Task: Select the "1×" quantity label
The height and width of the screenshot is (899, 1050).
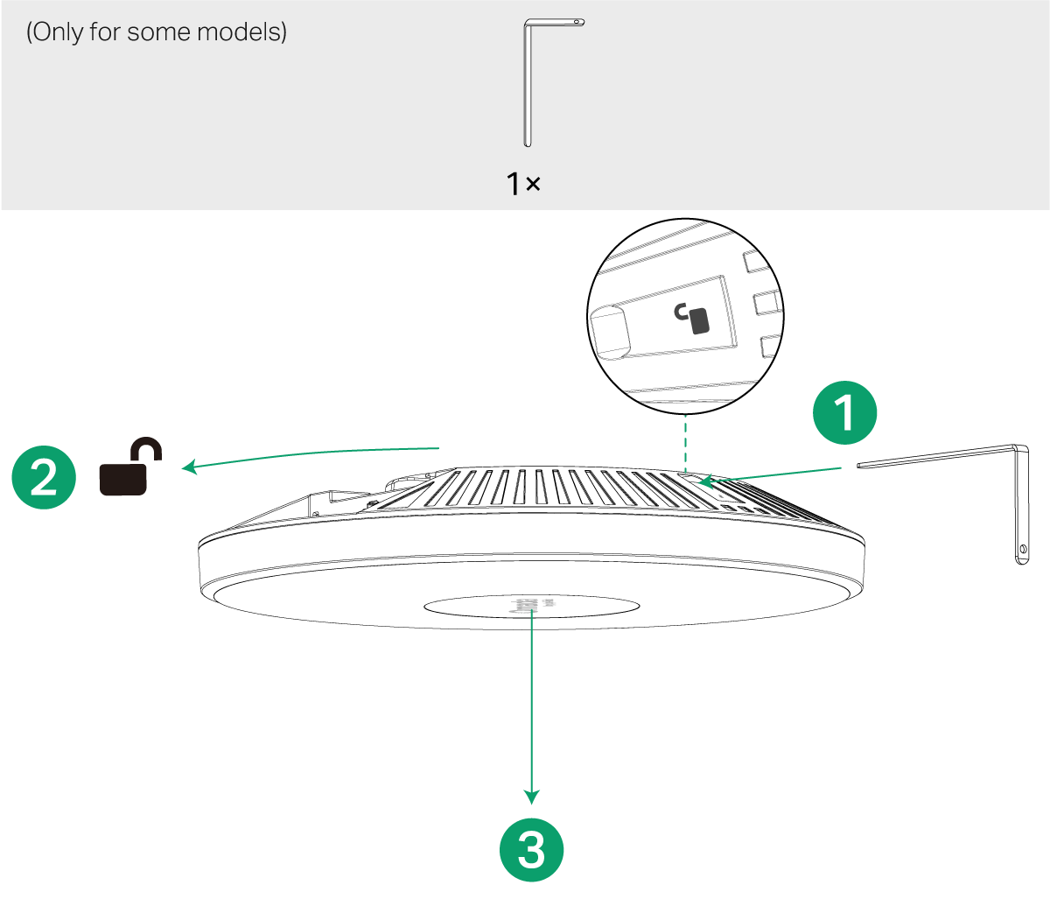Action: pyautogui.click(x=523, y=184)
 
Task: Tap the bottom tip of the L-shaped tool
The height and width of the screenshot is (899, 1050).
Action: pyautogui.click(x=527, y=143)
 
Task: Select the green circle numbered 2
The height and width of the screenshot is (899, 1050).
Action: pyautogui.click(x=43, y=478)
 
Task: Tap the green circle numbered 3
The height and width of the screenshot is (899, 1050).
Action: pyautogui.click(x=531, y=850)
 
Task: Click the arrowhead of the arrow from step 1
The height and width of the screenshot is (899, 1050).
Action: pyautogui.click(x=703, y=481)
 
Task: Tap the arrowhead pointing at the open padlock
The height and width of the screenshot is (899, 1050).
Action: pyautogui.click(x=188, y=467)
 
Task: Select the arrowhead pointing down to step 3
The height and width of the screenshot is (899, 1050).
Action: pyautogui.click(x=531, y=796)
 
